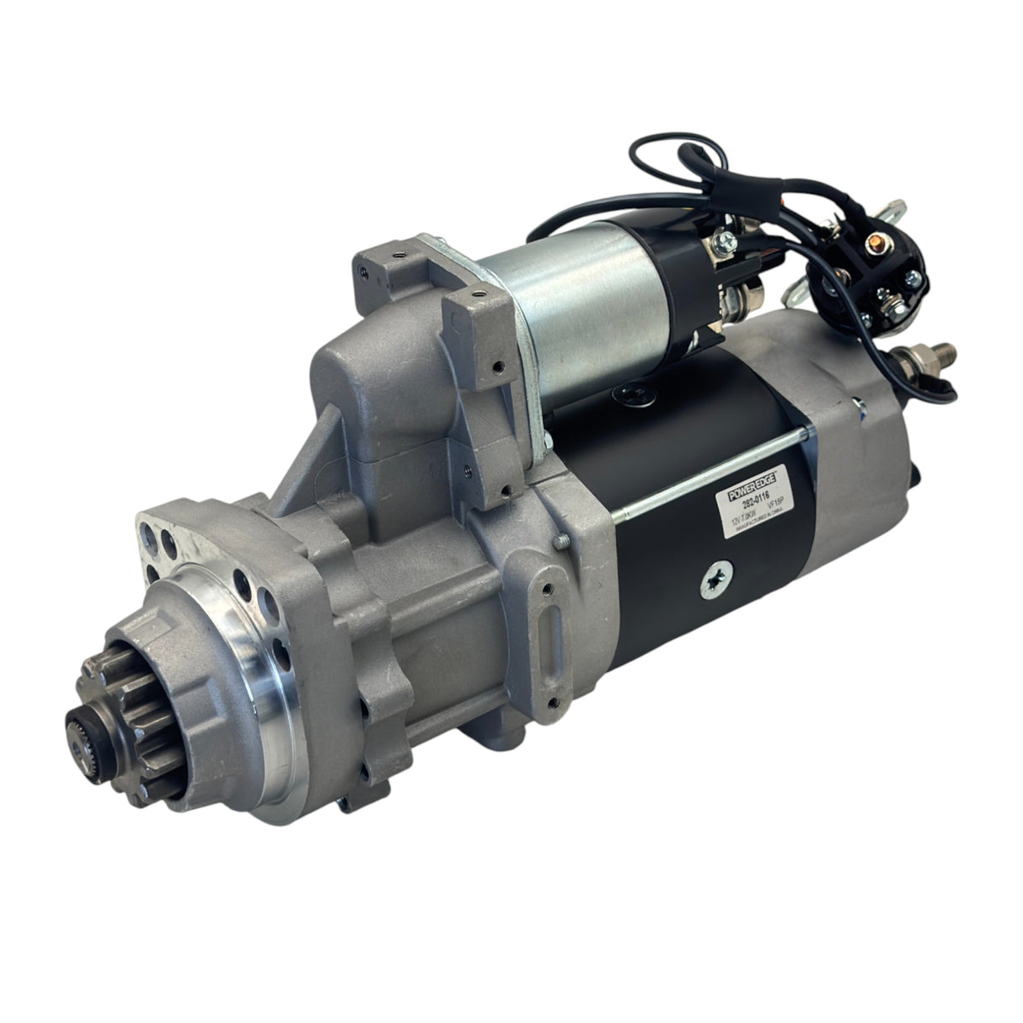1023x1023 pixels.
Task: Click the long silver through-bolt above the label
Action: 699,469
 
